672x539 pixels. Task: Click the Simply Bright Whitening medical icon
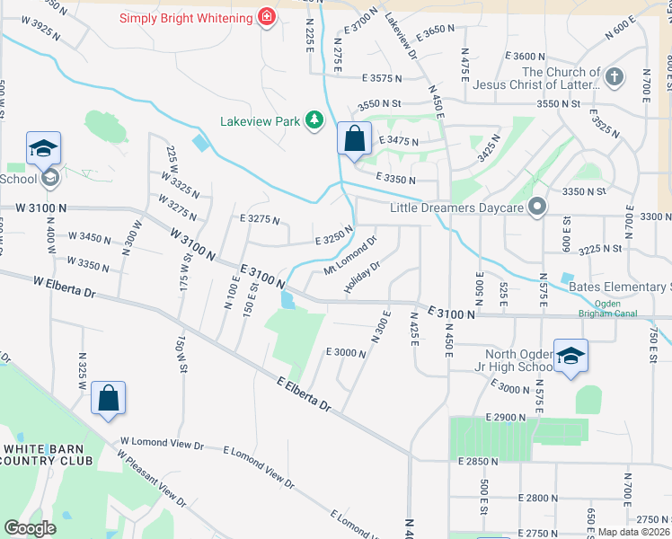(x=266, y=17)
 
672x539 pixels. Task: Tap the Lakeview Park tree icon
(x=314, y=120)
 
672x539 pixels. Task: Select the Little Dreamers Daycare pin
(x=537, y=208)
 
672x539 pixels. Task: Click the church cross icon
(x=615, y=78)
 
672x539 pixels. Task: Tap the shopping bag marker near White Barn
(x=108, y=400)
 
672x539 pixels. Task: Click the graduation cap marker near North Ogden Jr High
(x=570, y=358)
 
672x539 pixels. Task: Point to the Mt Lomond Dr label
(x=349, y=255)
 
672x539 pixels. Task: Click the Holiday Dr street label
(x=364, y=278)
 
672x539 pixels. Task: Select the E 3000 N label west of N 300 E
(x=345, y=353)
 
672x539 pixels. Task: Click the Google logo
(x=30, y=527)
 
